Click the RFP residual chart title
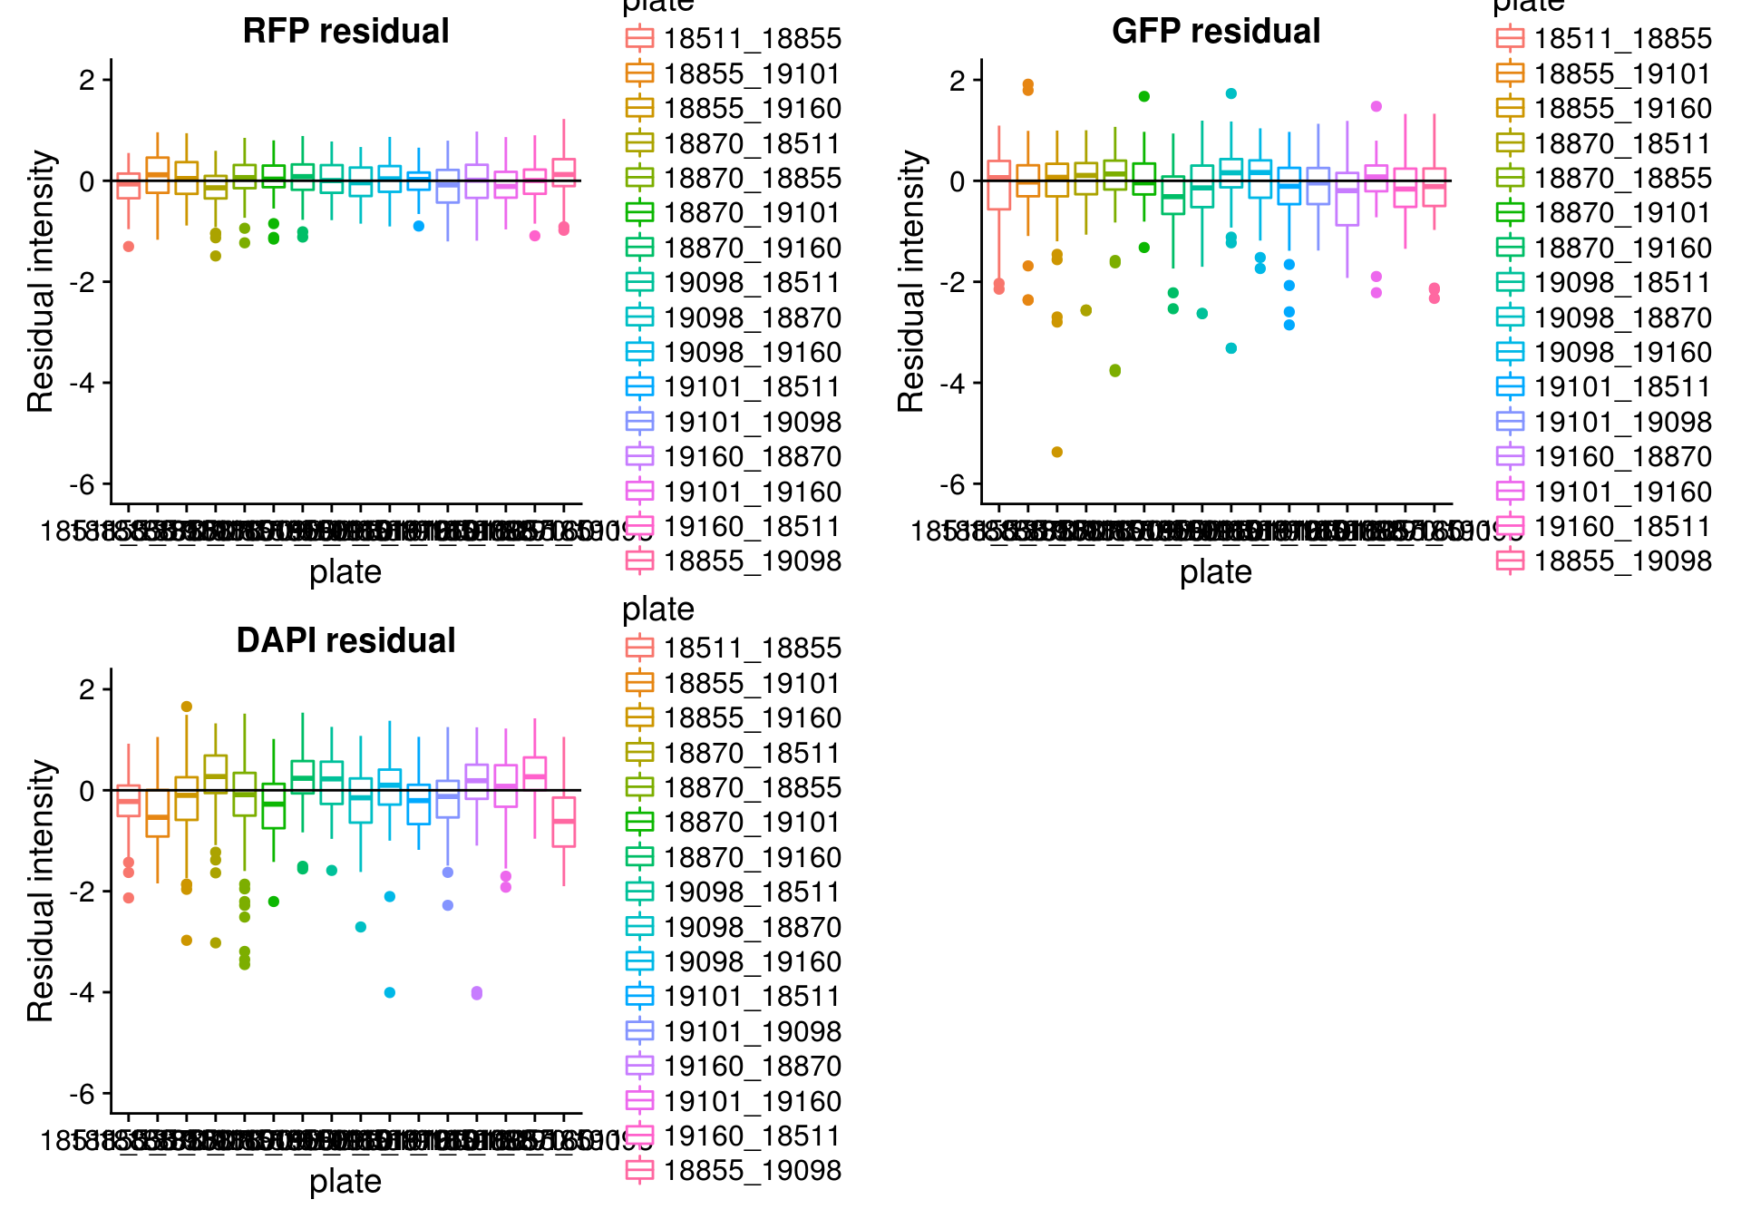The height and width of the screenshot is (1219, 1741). (x=345, y=32)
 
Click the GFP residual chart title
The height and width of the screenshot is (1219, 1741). (x=1216, y=32)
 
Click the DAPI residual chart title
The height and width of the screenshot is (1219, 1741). (x=345, y=641)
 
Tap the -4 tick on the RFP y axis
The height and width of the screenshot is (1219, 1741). (x=86, y=383)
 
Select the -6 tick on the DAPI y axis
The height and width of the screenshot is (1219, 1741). (x=86, y=1094)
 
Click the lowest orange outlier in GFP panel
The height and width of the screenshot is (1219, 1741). (x=1056, y=452)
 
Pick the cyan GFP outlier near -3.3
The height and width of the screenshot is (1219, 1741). (x=1230, y=348)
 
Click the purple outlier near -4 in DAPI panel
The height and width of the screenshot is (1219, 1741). (x=477, y=993)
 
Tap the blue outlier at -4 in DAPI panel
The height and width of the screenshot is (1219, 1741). (x=390, y=992)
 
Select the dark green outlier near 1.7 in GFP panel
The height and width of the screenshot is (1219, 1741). (x=1143, y=96)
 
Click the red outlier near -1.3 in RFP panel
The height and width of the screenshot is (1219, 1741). (x=129, y=247)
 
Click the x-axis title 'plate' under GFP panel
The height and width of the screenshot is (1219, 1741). (x=1215, y=572)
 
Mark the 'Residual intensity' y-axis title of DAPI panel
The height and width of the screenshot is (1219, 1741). (x=41, y=891)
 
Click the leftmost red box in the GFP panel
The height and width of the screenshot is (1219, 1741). (x=999, y=185)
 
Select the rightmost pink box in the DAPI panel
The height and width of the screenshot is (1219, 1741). (x=564, y=822)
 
